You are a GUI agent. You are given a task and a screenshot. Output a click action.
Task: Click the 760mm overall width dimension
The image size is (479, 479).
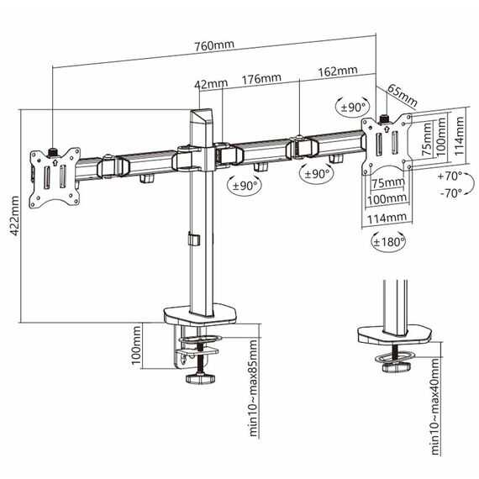[x=214, y=45]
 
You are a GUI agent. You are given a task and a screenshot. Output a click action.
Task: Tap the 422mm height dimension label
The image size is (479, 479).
[x=14, y=216]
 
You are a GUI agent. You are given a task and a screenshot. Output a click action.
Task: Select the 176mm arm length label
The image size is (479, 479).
[x=261, y=79]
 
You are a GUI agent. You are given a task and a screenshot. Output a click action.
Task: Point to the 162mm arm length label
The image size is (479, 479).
[x=338, y=71]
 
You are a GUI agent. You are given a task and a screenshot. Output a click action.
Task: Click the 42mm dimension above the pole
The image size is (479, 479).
[x=211, y=83]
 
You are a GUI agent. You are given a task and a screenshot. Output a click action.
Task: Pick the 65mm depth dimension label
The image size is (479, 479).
[x=403, y=95]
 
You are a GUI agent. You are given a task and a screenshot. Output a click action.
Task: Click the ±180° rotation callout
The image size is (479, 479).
[x=389, y=242]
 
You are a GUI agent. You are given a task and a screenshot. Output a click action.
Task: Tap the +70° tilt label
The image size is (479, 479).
[x=450, y=176]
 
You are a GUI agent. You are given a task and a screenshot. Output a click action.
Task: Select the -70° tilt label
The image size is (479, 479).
[x=451, y=193]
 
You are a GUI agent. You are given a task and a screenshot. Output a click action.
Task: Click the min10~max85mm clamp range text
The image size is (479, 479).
[x=254, y=388]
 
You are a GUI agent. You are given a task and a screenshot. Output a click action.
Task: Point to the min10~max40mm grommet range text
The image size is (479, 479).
[x=434, y=407]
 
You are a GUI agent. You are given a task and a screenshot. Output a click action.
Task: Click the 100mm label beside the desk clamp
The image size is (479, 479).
[x=136, y=345]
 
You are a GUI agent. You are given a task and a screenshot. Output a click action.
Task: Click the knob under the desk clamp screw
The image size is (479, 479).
[x=200, y=379]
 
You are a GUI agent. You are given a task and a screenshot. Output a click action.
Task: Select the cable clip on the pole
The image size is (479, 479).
[x=193, y=239]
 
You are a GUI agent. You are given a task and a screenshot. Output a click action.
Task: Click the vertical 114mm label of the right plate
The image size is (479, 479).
[x=459, y=136]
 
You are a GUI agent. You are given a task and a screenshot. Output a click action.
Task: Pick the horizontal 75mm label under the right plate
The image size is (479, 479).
[x=388, y=182]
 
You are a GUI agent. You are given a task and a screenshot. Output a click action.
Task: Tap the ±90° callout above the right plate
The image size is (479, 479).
[x=353, y=108]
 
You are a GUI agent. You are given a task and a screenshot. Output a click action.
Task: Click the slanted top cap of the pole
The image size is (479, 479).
[x=202, y=116]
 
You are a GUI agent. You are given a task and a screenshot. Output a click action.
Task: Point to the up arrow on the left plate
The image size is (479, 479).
[x=55, y=162]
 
